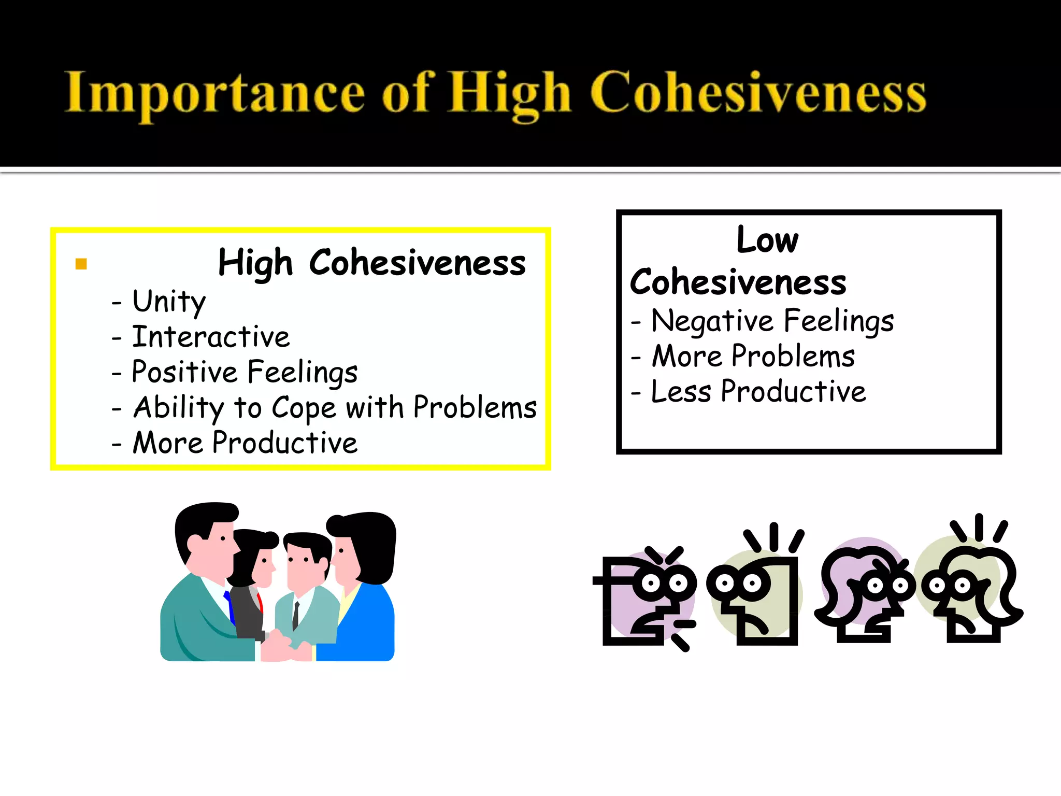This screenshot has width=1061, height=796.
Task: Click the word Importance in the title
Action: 214,93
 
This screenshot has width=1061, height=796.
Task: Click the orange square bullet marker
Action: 81,264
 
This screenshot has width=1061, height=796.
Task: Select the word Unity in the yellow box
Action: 169,301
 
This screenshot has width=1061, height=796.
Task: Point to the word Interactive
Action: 211,337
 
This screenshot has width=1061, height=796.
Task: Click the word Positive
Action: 184,372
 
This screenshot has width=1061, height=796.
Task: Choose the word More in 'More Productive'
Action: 168,443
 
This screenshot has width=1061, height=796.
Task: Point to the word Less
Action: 681,392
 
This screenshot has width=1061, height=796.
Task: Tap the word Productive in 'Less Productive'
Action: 793,392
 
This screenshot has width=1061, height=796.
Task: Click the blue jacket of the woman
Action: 363,622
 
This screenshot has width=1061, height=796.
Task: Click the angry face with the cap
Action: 648,596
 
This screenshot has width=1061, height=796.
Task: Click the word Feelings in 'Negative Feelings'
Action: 839,321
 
